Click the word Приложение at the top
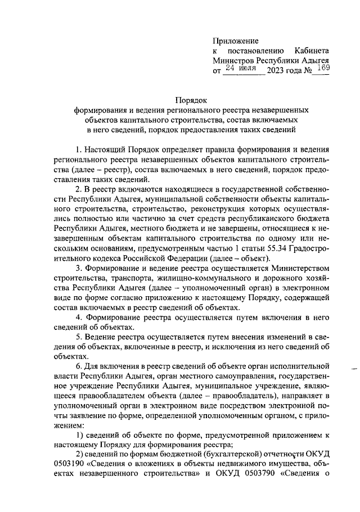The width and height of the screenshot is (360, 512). click(235, 40)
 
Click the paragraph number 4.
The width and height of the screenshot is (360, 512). click(79, 318)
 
